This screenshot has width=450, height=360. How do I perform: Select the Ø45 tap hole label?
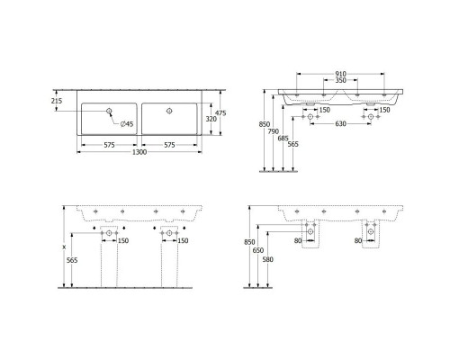click(127, 122)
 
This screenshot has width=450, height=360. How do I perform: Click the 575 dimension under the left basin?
click(108, 144)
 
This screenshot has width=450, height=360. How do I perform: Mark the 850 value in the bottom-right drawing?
click(249, 242)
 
